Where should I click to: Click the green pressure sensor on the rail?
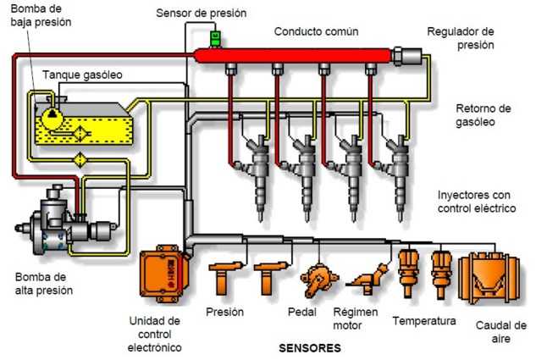pyautogui.click(x=215, y=39)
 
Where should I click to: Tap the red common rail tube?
pyautogui.click(x=293, y=55)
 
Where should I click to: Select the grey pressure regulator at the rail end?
pyautogui.click(x=407, y=56)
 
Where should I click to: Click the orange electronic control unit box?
pyautogui.click(x=164, y=274)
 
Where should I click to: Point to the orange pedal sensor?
pyautogui.click(x=318, y=280)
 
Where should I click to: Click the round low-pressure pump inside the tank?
pyautogui.click(x=52, y=117)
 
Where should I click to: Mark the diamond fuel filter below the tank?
pyautogui.click(x=80, y=159)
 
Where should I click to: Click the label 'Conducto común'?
pyautogui.click(x=316, y=31)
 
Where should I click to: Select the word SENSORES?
pyautogui.click(x=310, y=348)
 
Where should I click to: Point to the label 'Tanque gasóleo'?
pyautogui.click(x=82, y=75)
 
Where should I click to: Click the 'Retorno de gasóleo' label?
pyautogui.click(x=483, y=115)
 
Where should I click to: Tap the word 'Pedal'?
pyautogui.click(x=302, y=312)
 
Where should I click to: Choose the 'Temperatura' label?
pyautogui.click(x=424, y=321)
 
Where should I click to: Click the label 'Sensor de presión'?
pyautogui.click(x=202, y=14)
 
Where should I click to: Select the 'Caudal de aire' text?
pyautogui.click(x=501, y=332)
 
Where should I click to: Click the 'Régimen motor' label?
pyautogui.click(x=356, y=318)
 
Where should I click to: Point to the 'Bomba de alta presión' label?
pyautogui.click(x=44, y=284)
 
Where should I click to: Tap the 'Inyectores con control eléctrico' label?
pyautogui.click(x=477, y=202)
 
